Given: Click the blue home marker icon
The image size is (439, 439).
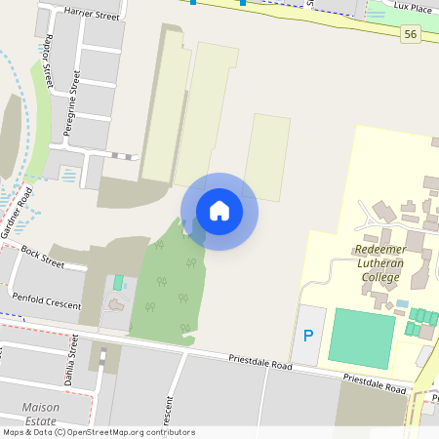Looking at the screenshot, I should pyautogui.click(x=219, y=211).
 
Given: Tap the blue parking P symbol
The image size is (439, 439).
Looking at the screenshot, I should pyautogui.click(x=308, y=337).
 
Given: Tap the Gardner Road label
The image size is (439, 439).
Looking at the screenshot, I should pyautogui.click(x=17, y=215).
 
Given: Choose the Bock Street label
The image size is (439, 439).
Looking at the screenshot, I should pyautogui.click(x=41, y=258).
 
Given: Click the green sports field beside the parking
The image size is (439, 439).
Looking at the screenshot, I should pyautogui.click(x=362, y=337).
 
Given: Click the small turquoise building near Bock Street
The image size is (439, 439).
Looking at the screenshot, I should pyautogui.click(x=119, y=282).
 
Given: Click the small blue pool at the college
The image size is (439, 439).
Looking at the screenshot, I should pyautogui.click(x=402, y=304).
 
